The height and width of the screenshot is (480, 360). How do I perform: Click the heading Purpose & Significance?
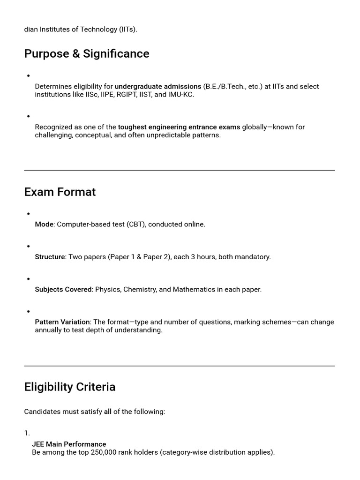click(87, 54)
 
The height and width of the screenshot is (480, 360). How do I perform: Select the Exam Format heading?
click(60, 192)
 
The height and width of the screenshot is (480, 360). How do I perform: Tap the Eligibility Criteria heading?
click(70, 387)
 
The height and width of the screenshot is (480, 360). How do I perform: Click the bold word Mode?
click(44, 225)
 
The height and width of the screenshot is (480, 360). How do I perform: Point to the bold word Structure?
click(50, 257)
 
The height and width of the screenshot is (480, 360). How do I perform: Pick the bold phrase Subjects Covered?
click(63, 290)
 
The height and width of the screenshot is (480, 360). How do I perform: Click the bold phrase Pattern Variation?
click(62, 322)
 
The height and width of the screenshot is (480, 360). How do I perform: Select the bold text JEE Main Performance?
click(69, 444)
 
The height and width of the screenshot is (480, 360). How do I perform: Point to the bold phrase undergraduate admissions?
click(158, 87)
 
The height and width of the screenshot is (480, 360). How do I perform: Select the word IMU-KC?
click(181, 95)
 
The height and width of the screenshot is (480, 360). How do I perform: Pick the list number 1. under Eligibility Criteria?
click(27, 433)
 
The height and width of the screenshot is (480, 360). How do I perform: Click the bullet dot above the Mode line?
click(29, 214)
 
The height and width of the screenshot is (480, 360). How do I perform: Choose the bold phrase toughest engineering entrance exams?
click(179, 127)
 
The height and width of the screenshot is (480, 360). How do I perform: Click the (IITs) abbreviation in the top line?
click(128, 30)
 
